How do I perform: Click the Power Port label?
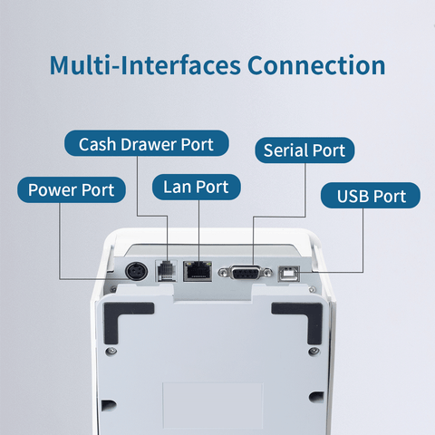coord(72,189)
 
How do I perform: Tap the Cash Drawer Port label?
coord(147,143)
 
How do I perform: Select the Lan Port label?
coord(197,187)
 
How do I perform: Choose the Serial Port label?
coord(304,150)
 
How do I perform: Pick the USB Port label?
coord(371,196)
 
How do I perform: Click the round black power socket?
coord(137,271)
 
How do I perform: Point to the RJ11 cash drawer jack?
coord(166,270)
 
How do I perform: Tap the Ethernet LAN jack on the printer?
coord(198,271)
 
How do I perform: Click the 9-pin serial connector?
coord(245,273)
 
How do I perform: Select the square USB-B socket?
coord(289,273)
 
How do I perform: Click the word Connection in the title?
coord(316,65)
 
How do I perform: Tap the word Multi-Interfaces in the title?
coord(145,65)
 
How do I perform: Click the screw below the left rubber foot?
coord(111,351)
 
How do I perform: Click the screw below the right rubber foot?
coord(314,351)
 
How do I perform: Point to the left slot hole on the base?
coord(109,405)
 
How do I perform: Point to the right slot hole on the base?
coord(316,397)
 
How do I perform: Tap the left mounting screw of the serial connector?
coord(223,273)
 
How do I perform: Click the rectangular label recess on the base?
coord(213,405)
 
